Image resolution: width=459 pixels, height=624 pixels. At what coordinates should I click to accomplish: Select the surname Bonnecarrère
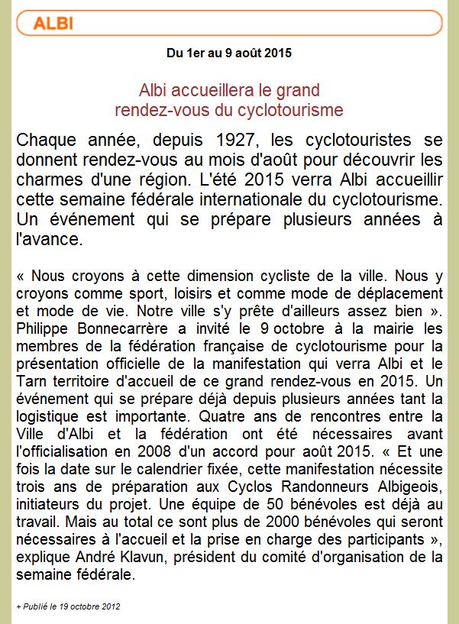(x=123, y=328)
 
